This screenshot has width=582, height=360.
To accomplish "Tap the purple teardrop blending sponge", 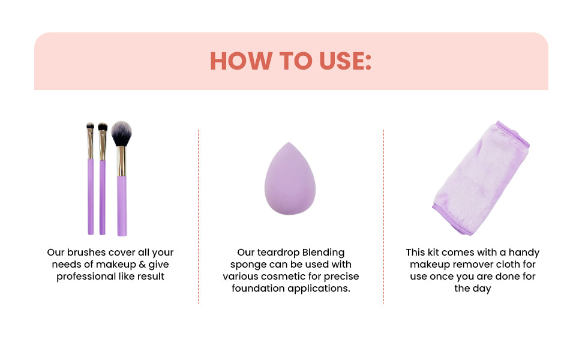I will click(x=290, y=180).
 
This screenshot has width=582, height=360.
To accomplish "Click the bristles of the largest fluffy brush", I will click(x=121, y=133).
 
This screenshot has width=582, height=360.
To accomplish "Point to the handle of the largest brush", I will click(x=122, y=204).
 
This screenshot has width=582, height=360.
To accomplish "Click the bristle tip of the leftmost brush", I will click(x=90, y=127).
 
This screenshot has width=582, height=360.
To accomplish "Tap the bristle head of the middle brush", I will click(x=103, y=127).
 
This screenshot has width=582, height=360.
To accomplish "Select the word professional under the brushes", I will click(x=84, y=277).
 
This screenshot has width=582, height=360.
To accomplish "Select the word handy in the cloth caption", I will click(x=524, y=253).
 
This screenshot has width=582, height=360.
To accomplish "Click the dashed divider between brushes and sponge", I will click(x=198, y=216).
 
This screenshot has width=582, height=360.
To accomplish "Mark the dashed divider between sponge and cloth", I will click(x=383, y=216).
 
